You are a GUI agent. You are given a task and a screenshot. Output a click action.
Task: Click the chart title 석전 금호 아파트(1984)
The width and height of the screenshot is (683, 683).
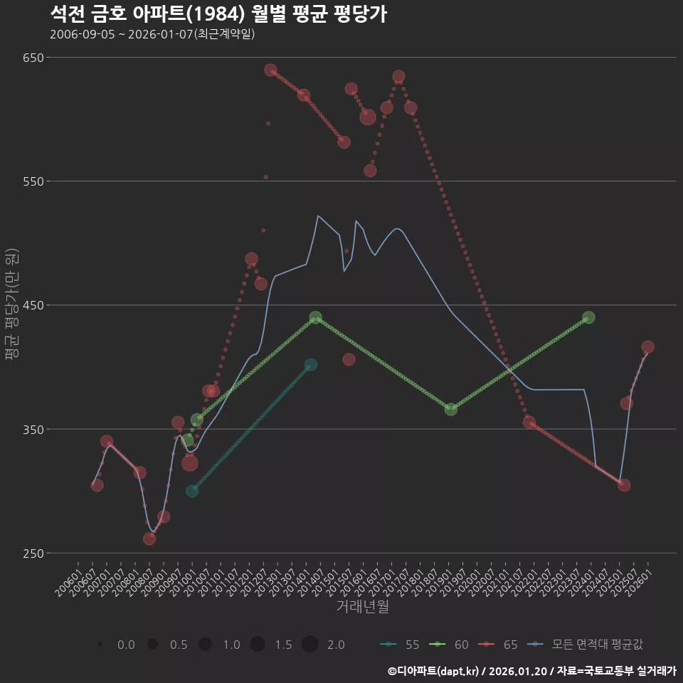219,14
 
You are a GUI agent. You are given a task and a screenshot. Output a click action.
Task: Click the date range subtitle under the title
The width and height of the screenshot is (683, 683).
152,34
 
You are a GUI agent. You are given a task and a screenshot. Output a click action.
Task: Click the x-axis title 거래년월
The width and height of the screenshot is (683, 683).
362,607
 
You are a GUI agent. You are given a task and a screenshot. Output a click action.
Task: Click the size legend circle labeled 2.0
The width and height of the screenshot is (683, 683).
309,645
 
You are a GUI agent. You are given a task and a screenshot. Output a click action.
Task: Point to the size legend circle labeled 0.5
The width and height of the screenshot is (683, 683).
152,645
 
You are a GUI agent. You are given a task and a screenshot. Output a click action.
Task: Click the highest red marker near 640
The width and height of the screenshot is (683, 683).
270,70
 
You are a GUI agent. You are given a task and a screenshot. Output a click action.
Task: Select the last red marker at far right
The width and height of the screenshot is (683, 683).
647,347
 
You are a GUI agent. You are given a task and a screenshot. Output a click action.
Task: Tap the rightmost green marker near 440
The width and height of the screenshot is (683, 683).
588,317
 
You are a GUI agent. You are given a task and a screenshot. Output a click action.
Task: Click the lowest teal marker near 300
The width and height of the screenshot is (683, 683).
192,491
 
